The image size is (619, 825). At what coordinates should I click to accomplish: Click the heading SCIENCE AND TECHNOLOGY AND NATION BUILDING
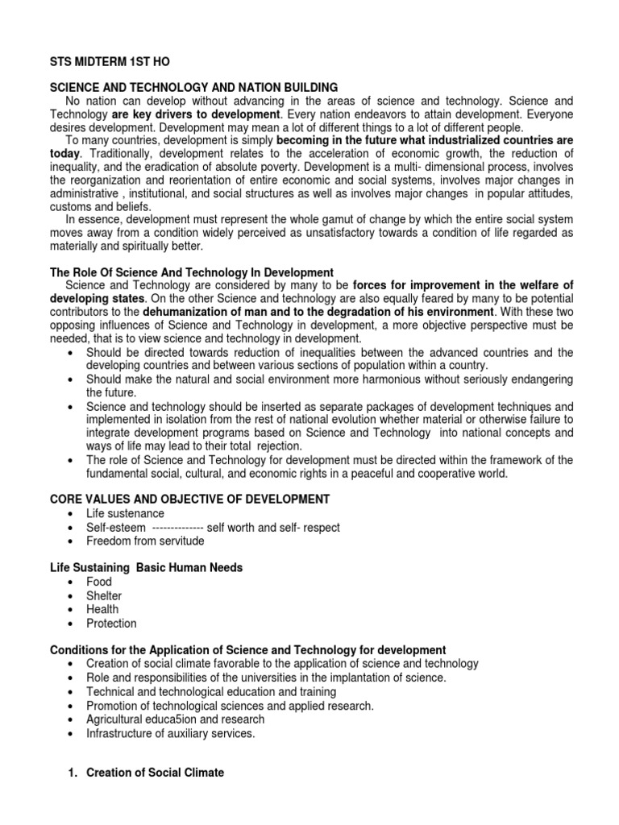[194, 87]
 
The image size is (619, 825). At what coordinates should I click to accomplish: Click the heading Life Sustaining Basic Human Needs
[147, 568]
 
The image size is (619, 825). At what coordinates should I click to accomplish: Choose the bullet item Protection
[111, 623]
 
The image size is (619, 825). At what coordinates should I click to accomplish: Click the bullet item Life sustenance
[125, 513]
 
